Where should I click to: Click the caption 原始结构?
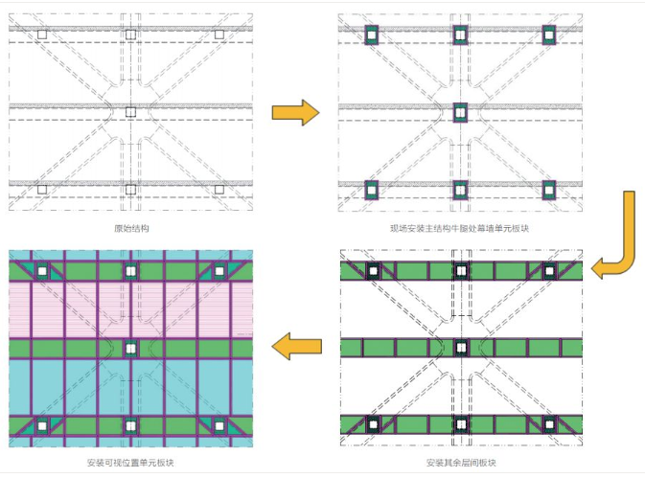coord(130,228)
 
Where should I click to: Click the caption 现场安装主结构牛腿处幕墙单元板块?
coord(460,228)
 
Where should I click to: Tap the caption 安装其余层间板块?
coord(461,463)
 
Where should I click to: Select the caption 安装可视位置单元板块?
coord(130,463)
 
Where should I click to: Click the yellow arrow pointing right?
coord(294,113)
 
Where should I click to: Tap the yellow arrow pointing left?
coord(294,347)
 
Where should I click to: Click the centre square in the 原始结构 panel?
coord(130,112)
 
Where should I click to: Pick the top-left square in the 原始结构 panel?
coord(41,34)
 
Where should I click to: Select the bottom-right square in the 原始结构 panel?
coord(219,190)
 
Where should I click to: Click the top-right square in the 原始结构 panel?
coord(219,34)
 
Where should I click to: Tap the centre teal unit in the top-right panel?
coord(460,112)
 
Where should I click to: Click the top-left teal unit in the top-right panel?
coord(372,35)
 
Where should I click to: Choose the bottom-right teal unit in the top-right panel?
coord(549,190)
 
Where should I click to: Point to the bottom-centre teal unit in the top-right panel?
coord(460,190)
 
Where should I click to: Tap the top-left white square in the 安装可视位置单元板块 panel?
coord(42,271)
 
